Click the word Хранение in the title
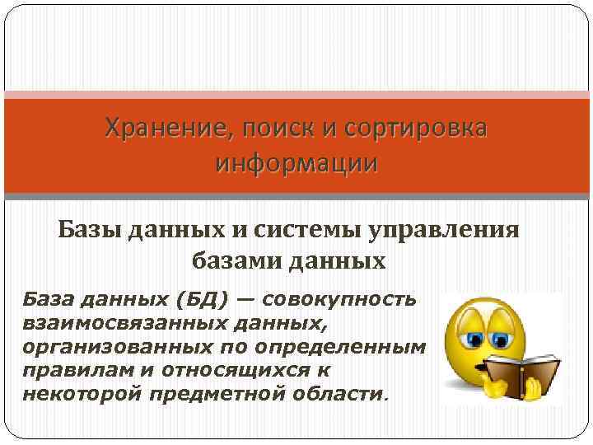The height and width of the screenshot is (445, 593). (x=156, y=129)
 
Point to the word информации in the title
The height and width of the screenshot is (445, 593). (x=296, y=162)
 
